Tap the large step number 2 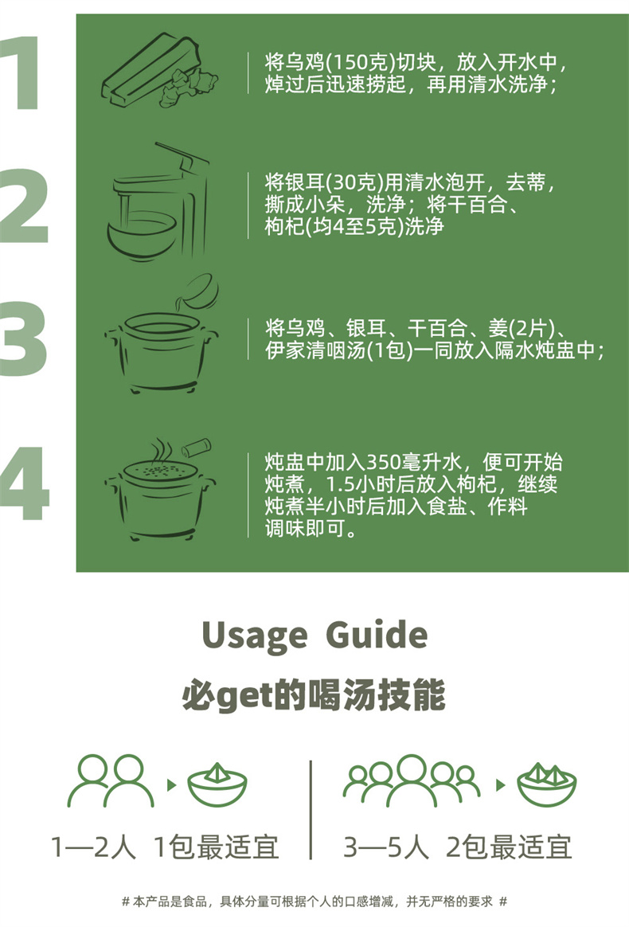(x=24, y=205)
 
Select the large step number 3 (x=24, y=338)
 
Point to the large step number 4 (x=24, y=483)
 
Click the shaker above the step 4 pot (x=197, y=448)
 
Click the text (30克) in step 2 (x=354, y=182)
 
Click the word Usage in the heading (x=254, y=636)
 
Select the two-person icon (x=111, y=781)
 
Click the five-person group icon (x=412, y=780)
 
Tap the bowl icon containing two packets (x=546, y=784)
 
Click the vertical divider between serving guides (x=311, y=809)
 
